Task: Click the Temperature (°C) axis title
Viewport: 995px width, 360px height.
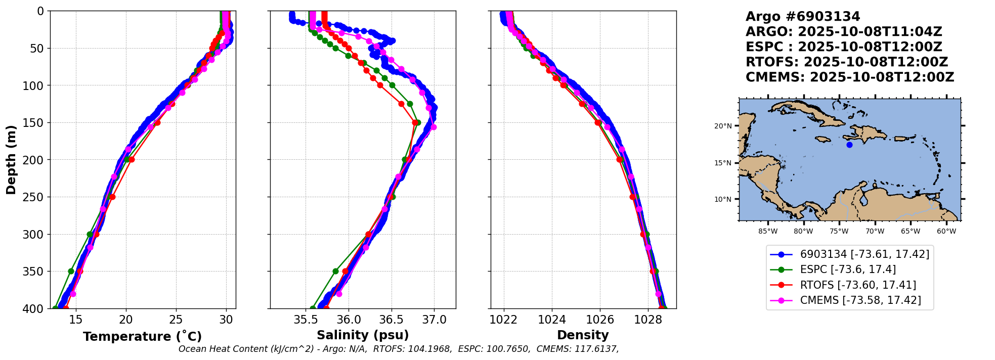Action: click(142, 336)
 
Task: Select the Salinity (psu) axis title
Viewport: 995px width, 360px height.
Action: click(363, 335)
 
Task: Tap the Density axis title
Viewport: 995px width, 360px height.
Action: click(583, 335)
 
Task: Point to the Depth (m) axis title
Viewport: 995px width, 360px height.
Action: click(11, 159)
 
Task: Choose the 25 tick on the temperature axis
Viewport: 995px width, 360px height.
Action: click(176, 320)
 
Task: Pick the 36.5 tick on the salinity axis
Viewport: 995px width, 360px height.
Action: click(392, 320)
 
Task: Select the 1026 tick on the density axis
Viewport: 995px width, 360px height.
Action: click(600, 320)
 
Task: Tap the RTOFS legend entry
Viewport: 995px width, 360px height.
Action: click(850, 285)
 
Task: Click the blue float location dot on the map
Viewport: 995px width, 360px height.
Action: click(849, 145)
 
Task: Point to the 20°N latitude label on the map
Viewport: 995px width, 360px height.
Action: click(723, 126)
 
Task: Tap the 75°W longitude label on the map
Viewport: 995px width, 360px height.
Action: click(839, 232)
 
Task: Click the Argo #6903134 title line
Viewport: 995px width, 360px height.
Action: click(803, 17)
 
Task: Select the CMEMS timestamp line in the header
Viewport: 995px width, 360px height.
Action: click(850, 77)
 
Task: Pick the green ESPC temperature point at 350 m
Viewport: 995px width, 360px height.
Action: click(71, 272)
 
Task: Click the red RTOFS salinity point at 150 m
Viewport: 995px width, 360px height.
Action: click(415, 122)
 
